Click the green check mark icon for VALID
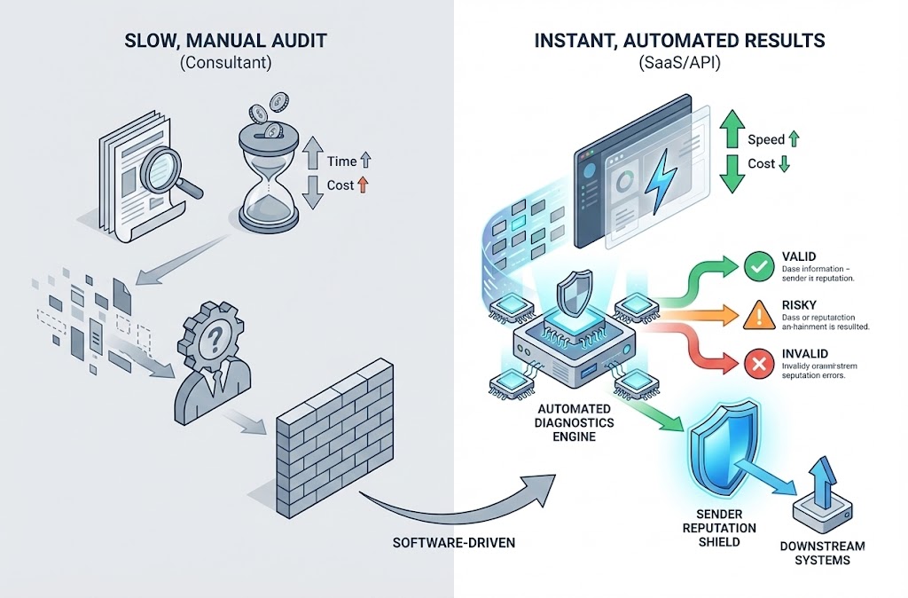755,264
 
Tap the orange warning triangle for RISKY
755,313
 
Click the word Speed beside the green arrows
765,139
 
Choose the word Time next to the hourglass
341,161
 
